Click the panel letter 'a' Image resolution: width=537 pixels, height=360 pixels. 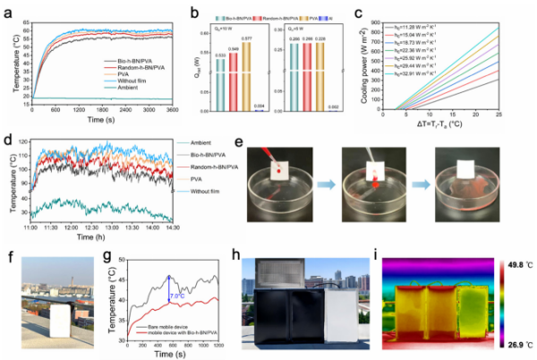point(7,8)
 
